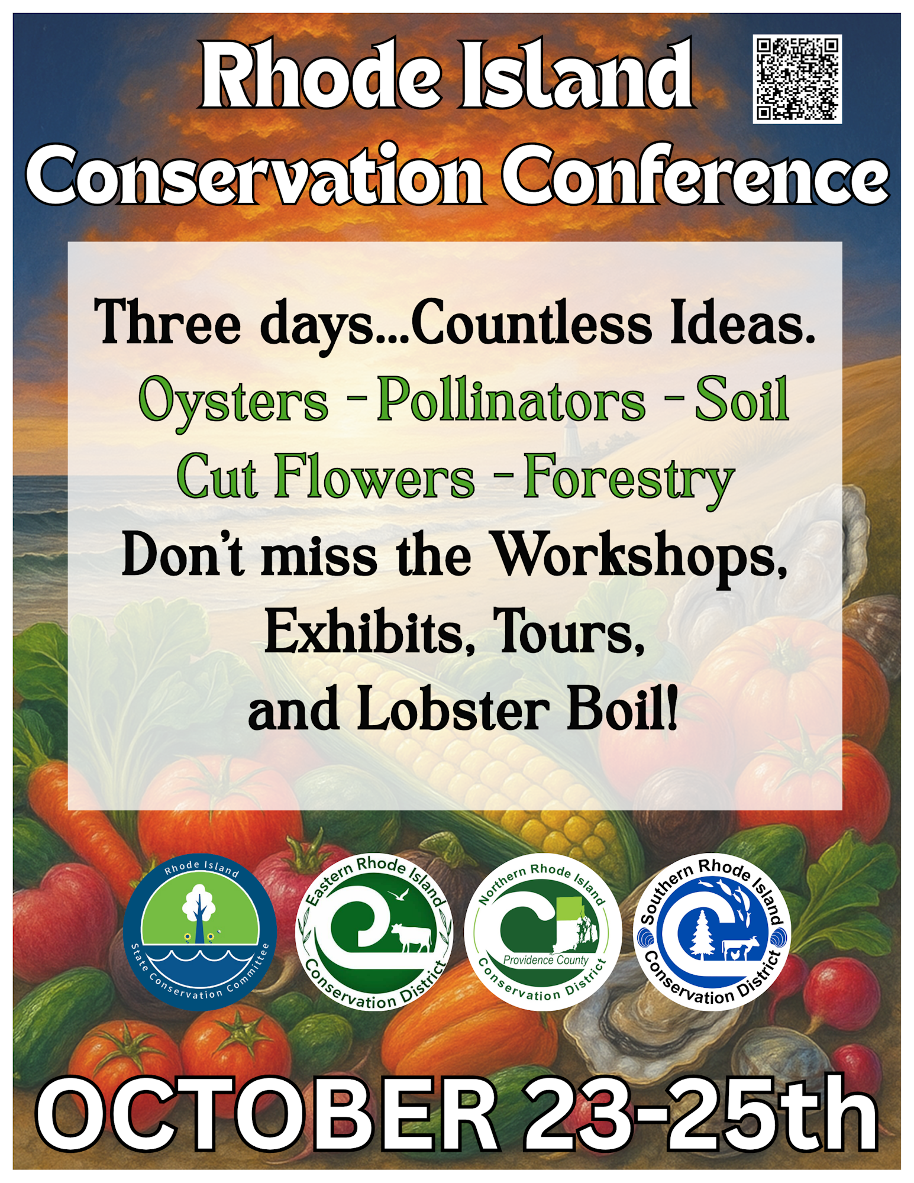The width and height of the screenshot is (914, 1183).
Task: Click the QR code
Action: click(x=797, y=79)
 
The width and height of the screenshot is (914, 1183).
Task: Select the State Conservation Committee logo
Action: click(x=200, y=932)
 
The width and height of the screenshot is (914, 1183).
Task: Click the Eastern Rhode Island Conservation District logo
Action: click(x=374, y=932)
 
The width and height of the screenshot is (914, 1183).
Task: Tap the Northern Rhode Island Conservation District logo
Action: click(x=542, y=932)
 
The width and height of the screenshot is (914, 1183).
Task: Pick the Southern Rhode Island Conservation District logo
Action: click(x=712, y=932)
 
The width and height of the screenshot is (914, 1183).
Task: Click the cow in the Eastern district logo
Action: click(x=412, y=937)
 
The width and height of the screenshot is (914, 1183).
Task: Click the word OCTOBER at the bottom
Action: click(x=267, y=1113)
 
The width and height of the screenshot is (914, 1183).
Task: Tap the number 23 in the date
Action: click(x=579, y=1113)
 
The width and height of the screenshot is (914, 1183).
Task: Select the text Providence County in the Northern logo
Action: click(x=545, y=959)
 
